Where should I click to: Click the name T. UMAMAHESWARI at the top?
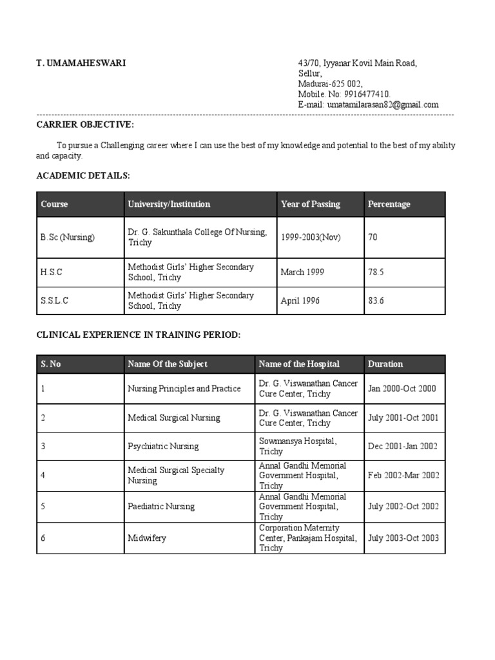pyautogui.click(x=81, y=63)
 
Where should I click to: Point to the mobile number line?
pyautogui.click(x=344, y=94)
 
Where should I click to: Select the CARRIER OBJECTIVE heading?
pyautogui.click(x=85, y=124)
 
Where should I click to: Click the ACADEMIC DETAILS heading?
pyautogui.click(x=83, y=175)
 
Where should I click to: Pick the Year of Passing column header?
pyautogui.click(x=311, y=204)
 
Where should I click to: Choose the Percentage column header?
pyautogui.click(x=389, y=204)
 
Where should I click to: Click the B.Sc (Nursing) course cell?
pyautogui.click(x=68, y=237)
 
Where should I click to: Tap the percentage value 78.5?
pyautogui.click(x=376, y=272)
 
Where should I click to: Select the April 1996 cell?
pyautogui.click(x=300, y=300)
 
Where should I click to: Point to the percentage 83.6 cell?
pyautogui.click(x=376, y=300)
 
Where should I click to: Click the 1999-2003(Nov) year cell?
pyautogui.click(x=311, y=237)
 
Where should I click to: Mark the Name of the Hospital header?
pyautogui.click(x=298, y=364)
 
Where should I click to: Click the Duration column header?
pyautogui.click(x=385, y=364)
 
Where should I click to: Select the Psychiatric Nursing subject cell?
pyautogui.click(x=163, y=446)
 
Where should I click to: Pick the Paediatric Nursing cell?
pyautogui.click(x=161, y=507)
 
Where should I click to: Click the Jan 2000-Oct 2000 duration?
pyautogui.click(x=402, y=389)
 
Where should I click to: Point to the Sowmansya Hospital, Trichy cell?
pyautogui.click(x=297, y=446)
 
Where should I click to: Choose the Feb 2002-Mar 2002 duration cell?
pyautogui.click(x=403, y=476)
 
